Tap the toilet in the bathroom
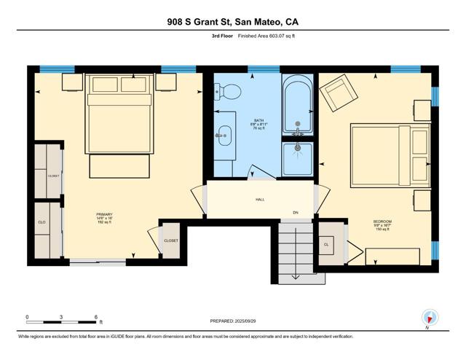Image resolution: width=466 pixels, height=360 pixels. [231, 92]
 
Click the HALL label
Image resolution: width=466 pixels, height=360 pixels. [260, 199]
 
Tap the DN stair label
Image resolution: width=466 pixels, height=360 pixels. [296, 213]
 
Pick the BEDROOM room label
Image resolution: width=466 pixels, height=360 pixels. [383, 222]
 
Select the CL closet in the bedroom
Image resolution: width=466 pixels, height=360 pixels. [326, 245]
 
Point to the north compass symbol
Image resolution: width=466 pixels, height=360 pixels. [430, 318]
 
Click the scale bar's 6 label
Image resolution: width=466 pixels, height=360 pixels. [96, 317]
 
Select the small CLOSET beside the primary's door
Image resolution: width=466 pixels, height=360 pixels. [171, 240]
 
